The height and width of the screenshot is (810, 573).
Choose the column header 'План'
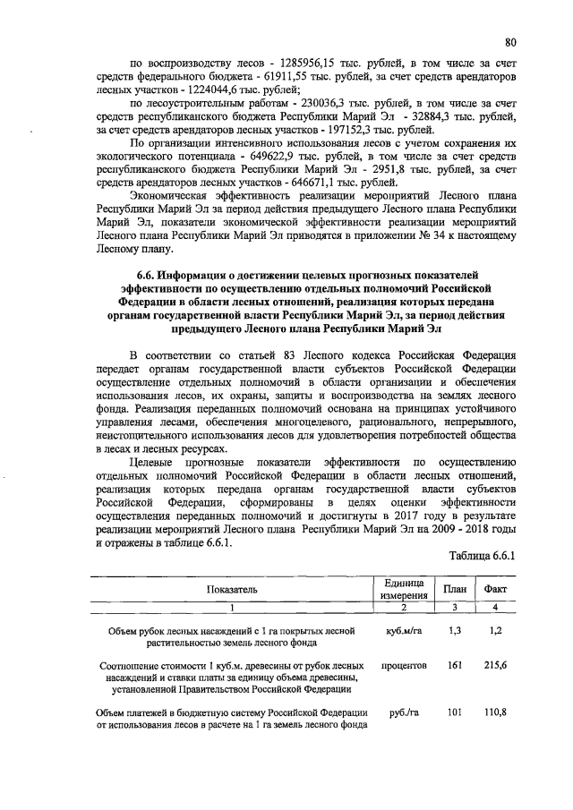(451, 589)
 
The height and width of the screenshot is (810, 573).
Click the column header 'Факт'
(495, 589)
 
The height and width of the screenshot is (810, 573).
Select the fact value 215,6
(495, 667)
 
